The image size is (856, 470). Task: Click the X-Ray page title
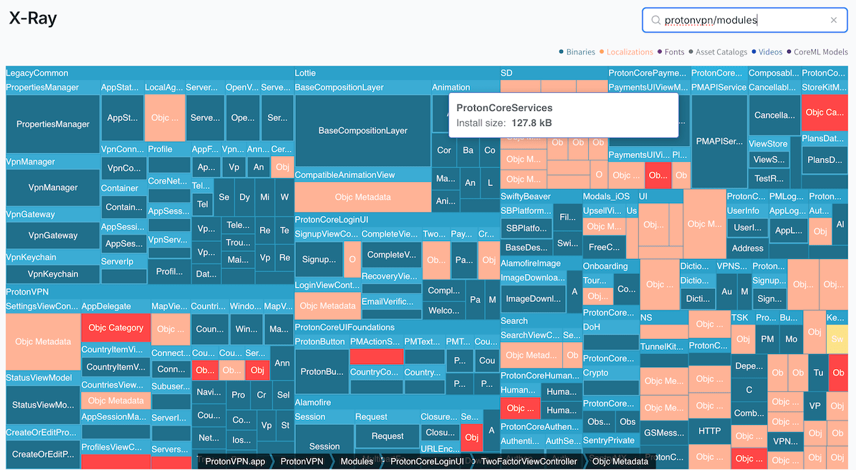coord(33,19)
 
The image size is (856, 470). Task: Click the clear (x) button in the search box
coord(834,21)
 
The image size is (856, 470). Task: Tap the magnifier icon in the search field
coord(655,21)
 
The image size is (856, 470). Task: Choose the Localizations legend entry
coord(630,52)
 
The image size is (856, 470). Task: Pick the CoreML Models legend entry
coord(820,52)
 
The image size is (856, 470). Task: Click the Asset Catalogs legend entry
coord(721,52)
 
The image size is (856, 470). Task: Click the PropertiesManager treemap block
coord(53,124)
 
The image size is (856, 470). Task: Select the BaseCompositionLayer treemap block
coord(362,131)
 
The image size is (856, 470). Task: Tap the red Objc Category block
coord(116,328)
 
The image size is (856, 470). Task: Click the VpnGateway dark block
coord(53,235)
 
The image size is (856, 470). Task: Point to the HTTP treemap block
coord(710,431)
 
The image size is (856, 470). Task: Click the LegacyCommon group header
coord(37,73)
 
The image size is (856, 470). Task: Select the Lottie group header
coord(305,73)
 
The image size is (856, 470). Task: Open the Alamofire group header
coord(313,403)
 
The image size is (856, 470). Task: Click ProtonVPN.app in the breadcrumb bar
coord(235,461)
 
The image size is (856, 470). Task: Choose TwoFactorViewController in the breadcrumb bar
coord(529,461)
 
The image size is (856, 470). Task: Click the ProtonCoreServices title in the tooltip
coord(504,108)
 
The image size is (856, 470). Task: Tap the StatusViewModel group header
coord(39,378)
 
